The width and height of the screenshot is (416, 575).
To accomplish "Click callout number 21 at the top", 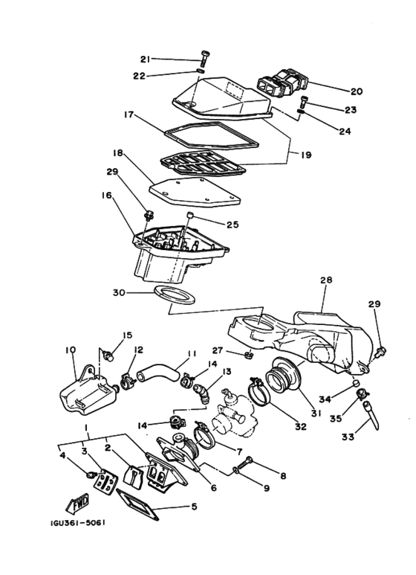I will [x=146, y=59].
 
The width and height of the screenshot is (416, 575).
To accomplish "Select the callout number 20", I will [x=357, y=91].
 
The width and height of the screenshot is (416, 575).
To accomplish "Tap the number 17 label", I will [x=129, y=115].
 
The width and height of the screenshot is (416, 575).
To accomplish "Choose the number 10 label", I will [x=71, y=350].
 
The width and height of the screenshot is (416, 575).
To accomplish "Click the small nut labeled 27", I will [x=249, y=354].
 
